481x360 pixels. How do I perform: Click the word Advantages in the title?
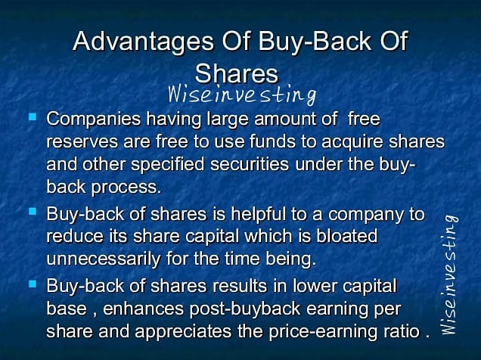[143, 42]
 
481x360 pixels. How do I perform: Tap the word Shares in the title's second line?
[237, 73]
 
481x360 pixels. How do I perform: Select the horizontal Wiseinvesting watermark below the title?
[242, 94]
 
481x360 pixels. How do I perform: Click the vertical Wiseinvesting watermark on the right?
[449, 275]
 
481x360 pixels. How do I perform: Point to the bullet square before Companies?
[33, 116]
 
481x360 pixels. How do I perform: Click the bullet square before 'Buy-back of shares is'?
[33, 212]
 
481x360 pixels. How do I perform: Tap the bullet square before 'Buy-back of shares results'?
[33, 284]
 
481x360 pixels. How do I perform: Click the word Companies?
[94, 119]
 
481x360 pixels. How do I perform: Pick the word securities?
[250, 164]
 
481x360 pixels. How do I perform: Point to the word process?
[126, 188]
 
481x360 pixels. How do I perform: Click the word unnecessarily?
[104, 259]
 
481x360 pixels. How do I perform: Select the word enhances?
[143, 309]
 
